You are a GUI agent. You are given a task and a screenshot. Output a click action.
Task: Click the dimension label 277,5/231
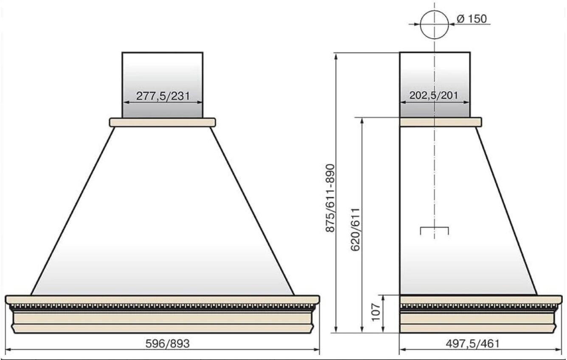[163, 96]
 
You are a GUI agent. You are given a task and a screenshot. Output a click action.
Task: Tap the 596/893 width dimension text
[168, 343]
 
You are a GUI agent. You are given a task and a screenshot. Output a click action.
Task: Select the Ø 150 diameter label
[472, 19]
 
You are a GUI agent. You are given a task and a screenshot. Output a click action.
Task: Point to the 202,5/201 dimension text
[434, 95]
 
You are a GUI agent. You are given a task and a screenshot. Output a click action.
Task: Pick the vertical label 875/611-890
[330, 198]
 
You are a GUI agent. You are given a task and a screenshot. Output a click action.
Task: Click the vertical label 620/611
[355, 229]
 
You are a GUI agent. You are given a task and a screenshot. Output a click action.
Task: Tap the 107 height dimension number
[376, 313]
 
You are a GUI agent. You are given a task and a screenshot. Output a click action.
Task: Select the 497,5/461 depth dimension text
[473, 343]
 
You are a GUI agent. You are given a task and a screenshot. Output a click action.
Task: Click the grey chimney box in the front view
[163, 85]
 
